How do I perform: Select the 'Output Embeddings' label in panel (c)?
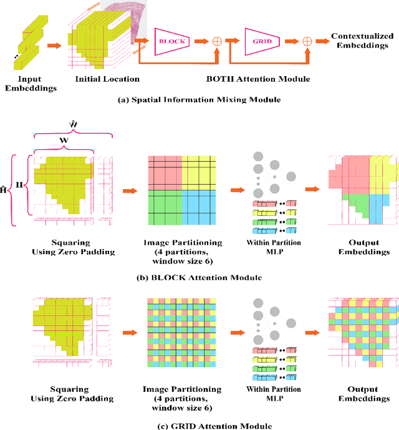coord(363,394)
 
